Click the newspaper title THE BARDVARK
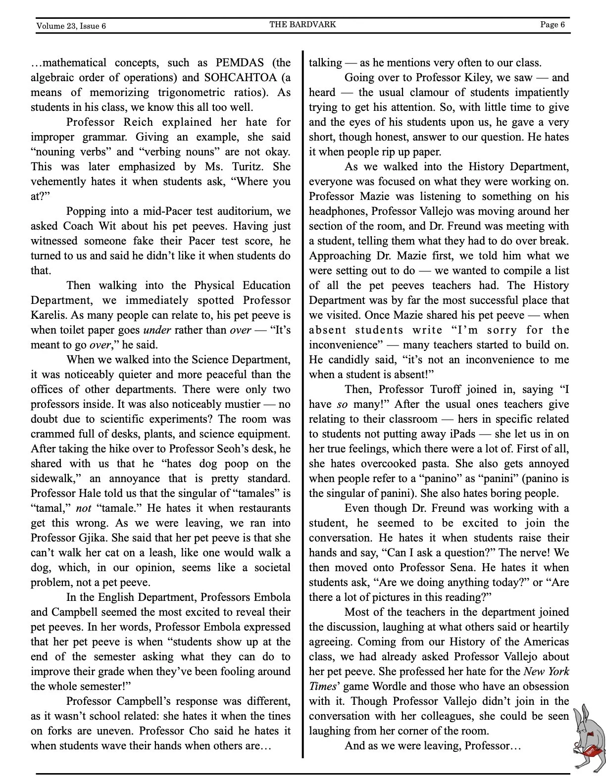pos(303,24)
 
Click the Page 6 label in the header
pos(552,24)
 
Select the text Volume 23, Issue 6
pos(71,26)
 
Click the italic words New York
pos(546,672)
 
